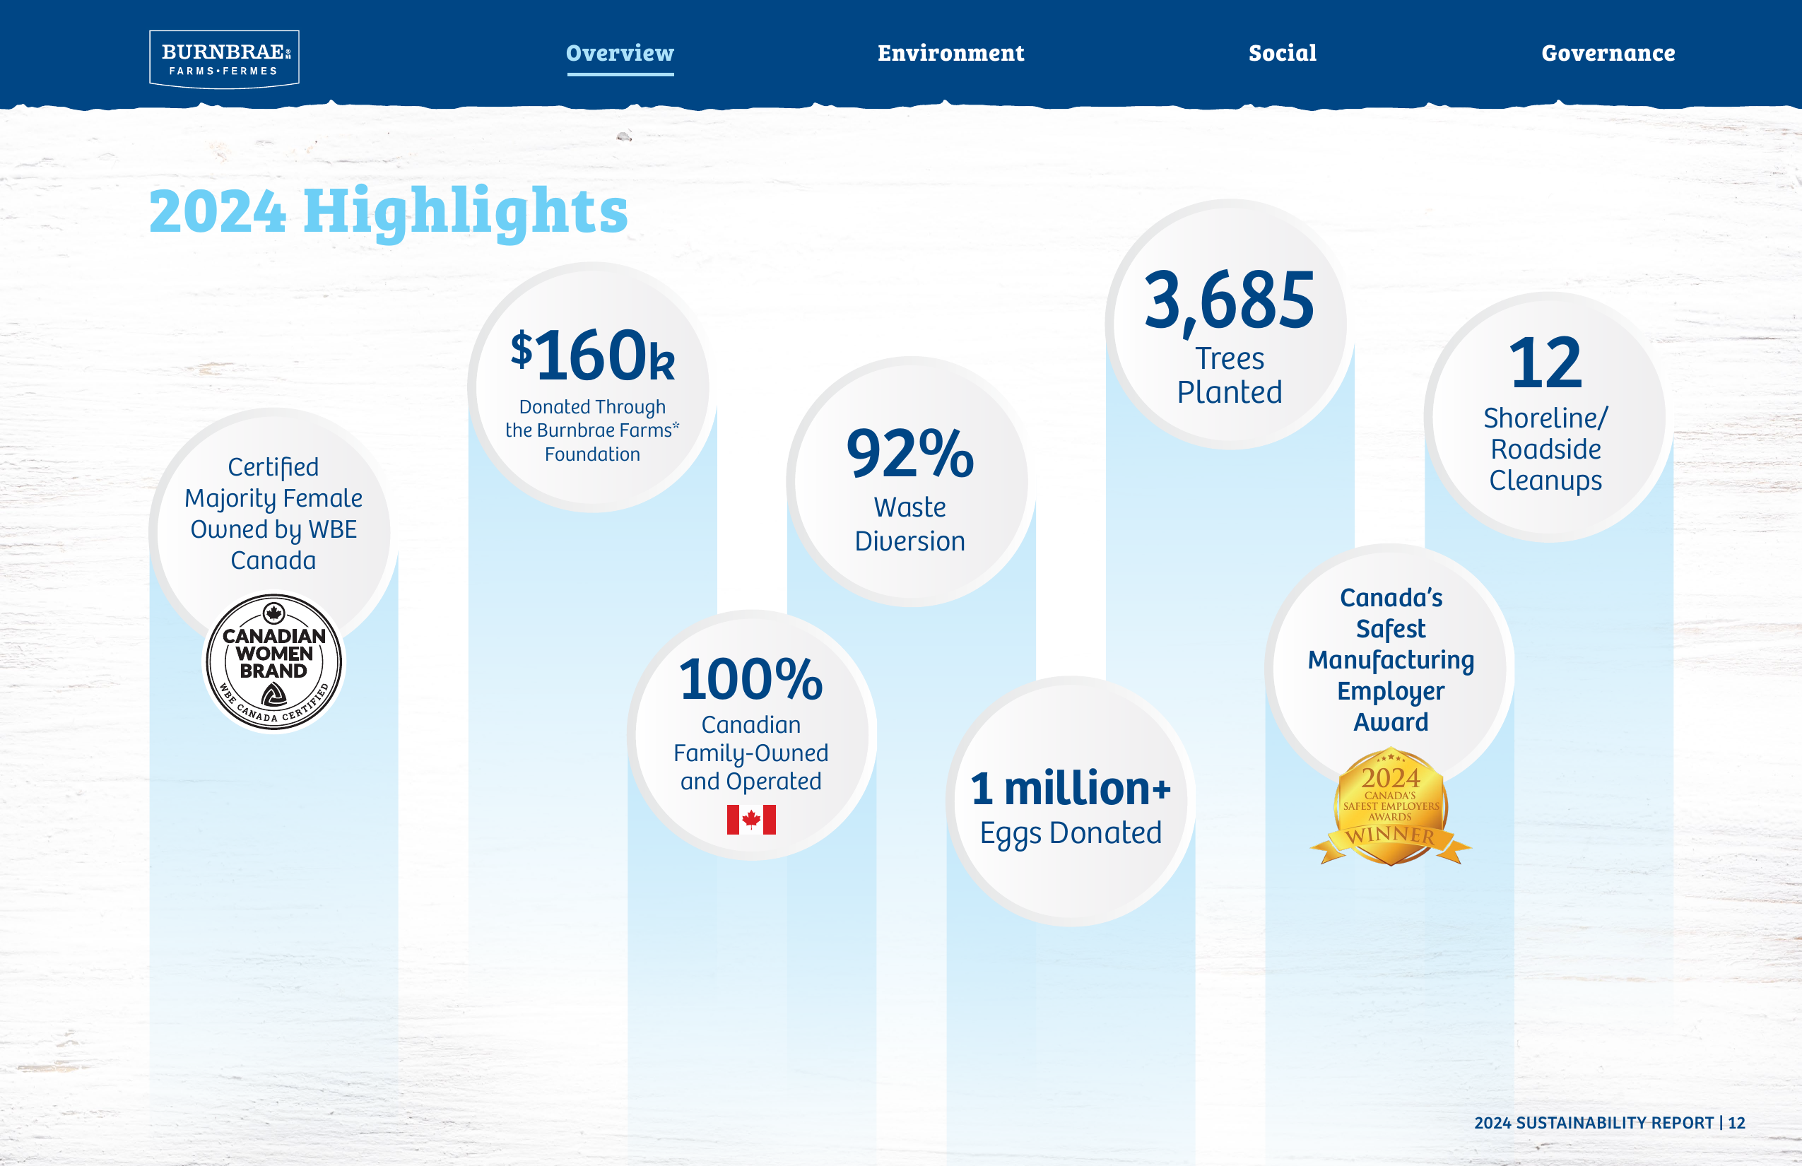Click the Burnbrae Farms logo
(x=224, y=59)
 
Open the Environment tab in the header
(x=951, y=53)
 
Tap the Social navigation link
(x=1283, y=53)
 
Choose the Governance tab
(x=1608, y=53)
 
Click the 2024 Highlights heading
(x=389, y=211)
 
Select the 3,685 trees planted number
(x=1230, y=301)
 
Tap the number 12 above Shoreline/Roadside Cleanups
(x=1545, y=363)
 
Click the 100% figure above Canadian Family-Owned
(x=751, y=679)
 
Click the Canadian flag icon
(x=751, y=819)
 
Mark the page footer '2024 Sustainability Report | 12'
(x=1610, y=1123)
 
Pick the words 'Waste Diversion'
(x=910, y=524)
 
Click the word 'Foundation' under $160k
(x=592, y=454)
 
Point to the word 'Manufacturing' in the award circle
(x=1391, y=660)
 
